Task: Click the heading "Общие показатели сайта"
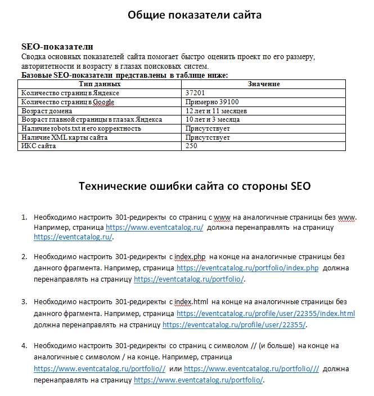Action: click(195, 15)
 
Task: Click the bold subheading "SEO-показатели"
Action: click(57, 47)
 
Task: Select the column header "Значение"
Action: click(264, 84)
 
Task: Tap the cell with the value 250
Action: click(192, 146)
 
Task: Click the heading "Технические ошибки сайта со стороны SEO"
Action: click(195, 186)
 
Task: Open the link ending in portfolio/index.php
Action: click(247, 269)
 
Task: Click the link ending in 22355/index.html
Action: click(265, 313)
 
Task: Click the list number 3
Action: click(25, 301)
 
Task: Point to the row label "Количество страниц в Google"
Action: click(67, 102)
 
